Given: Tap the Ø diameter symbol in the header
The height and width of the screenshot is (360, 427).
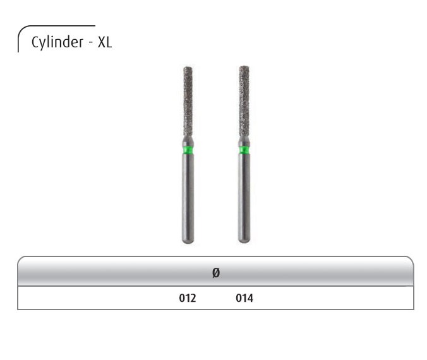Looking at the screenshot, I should point(215,273).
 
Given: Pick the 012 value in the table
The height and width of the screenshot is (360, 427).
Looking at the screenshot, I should point(188,297).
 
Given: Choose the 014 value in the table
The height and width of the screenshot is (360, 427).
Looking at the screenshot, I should point(244,297).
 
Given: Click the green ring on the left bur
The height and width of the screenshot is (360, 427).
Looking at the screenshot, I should point(188,151).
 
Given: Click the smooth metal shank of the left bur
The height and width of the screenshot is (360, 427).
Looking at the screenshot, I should point(188,196).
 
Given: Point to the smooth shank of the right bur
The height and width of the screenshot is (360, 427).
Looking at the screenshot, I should point(244,196).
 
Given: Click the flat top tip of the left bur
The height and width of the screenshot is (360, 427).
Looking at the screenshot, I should point(188,66).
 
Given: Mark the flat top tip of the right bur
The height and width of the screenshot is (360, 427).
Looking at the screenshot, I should point(244,66).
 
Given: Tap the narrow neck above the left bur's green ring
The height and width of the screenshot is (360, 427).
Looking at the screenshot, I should point(188,140).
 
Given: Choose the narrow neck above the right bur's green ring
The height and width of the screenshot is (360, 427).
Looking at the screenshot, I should point(244,140).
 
